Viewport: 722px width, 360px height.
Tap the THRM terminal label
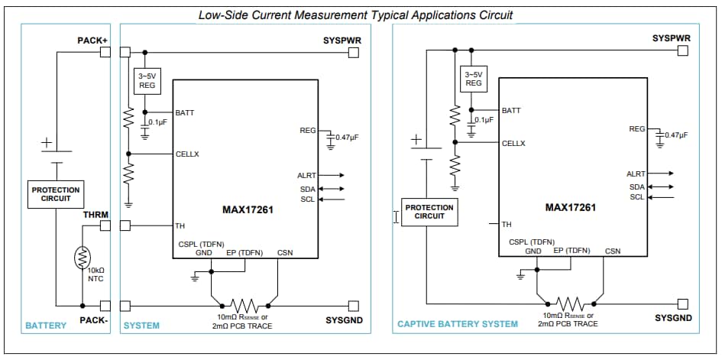96,215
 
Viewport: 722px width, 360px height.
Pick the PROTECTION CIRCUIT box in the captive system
429,212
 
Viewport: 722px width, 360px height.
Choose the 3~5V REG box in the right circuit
473,79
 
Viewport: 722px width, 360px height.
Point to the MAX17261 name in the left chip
247,209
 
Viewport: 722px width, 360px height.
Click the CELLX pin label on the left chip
187,154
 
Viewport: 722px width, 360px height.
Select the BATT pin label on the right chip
511,111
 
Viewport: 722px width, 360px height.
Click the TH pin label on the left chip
180,225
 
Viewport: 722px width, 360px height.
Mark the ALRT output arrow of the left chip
335,176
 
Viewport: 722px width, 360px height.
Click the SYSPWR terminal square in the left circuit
353,52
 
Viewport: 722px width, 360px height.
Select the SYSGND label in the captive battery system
673,317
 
